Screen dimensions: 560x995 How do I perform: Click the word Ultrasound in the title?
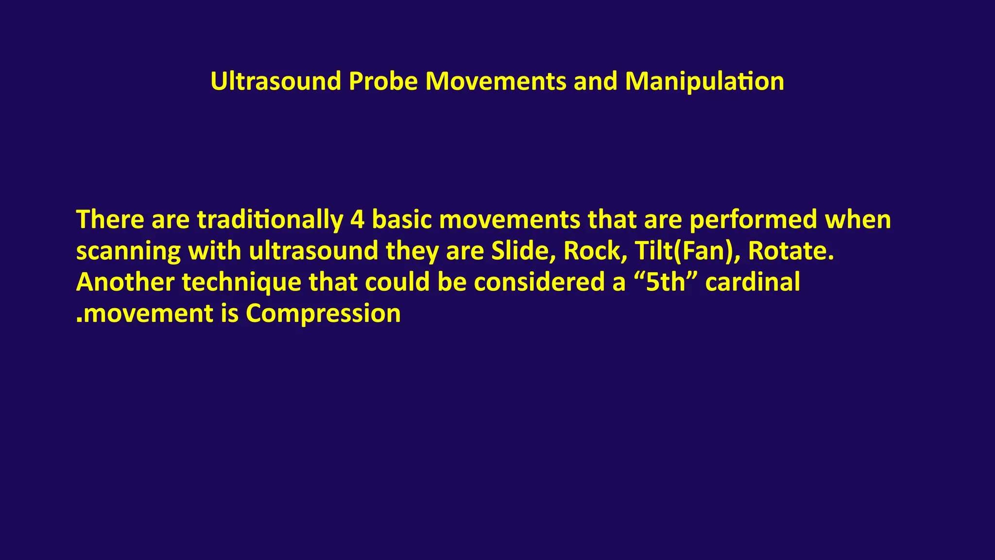coord(275,81)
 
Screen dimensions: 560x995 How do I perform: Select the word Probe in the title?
coord(383,81)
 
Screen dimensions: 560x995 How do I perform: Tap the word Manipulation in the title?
coord(704,81)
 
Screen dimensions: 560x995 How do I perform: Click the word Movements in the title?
coord(496,81)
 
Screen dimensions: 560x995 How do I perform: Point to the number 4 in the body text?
coord(357,220)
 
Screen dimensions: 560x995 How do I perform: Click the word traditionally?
coord(270,220)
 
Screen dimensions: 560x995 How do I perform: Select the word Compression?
coord(323,314)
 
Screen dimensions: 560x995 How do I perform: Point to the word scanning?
coord(128,251)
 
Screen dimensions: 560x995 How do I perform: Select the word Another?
coord(125,282)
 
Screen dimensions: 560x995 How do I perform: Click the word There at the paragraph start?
coord(110,220)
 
